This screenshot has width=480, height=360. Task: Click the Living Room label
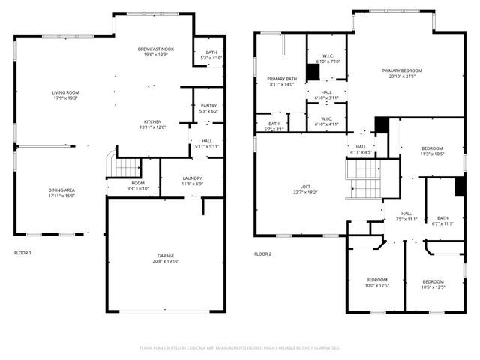pos(65,93)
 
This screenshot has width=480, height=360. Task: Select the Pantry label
pos(208,106)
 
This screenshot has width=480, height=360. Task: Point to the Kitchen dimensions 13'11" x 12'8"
pos(154,127)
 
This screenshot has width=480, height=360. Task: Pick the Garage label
pos(166,256)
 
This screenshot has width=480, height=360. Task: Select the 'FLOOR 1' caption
pos(22,253)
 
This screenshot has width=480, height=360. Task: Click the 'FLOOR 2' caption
pos(262,253)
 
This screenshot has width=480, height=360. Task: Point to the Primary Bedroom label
pos(406,71)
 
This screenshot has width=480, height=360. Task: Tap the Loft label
pos(305,187)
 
